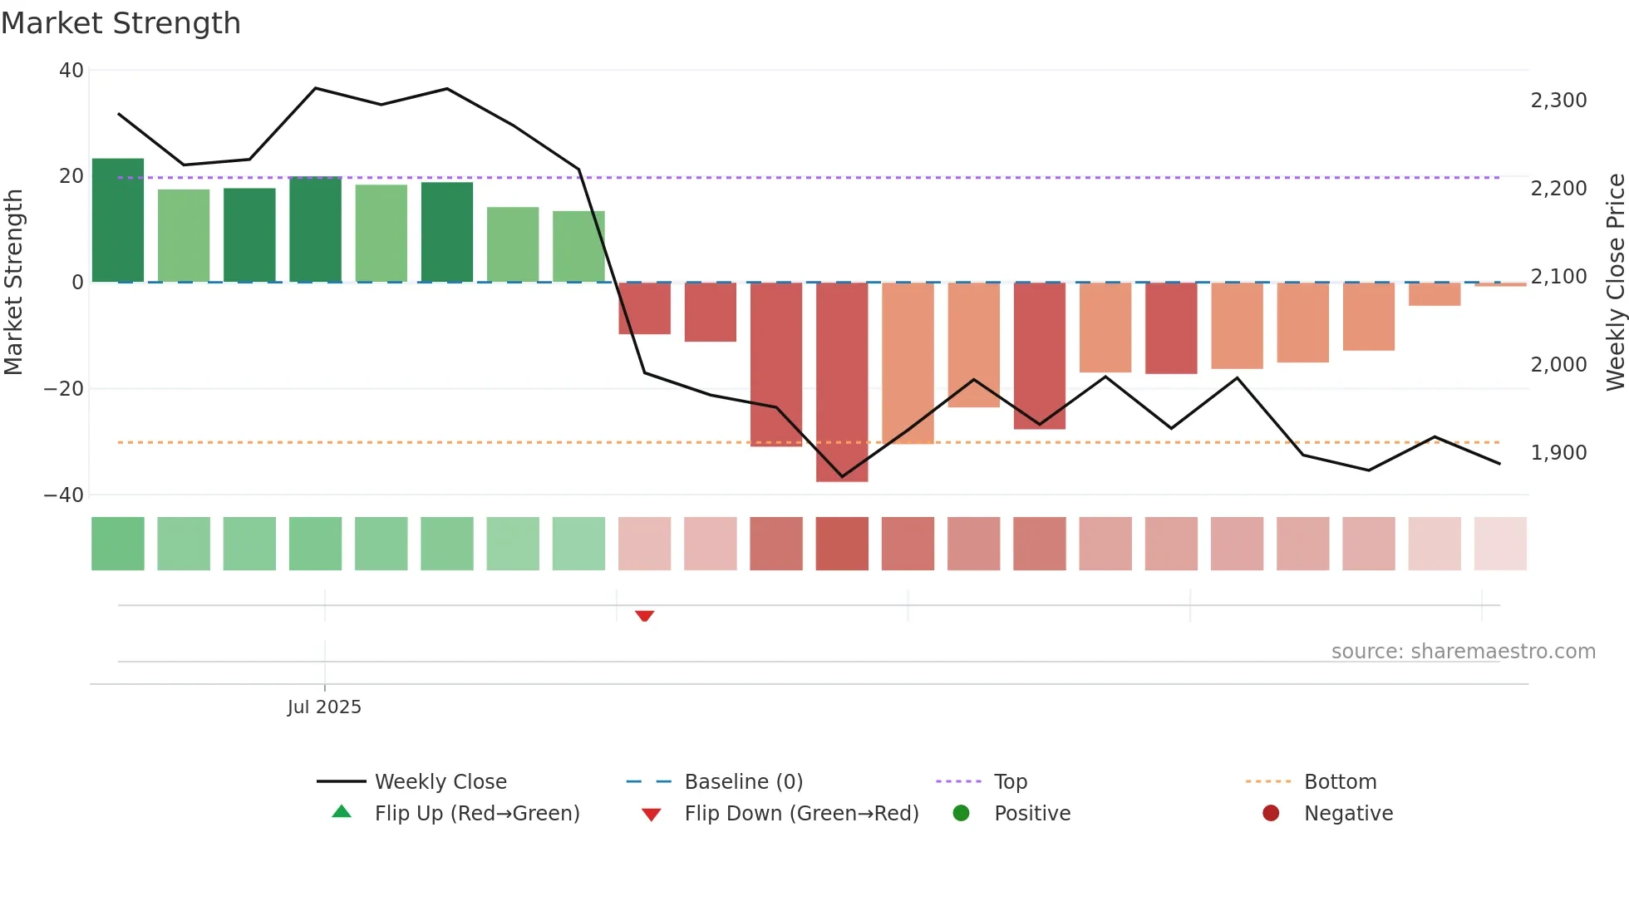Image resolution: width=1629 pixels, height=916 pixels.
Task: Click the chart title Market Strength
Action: (x=121, y=23)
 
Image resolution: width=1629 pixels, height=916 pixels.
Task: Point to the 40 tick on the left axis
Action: (x=71, y=71)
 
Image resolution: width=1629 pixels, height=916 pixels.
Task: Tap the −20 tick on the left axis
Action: (x=64, y=389)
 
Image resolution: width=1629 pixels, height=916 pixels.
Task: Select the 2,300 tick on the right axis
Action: (x=1558, y=101)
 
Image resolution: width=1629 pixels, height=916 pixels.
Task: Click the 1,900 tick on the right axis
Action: (x=1558, y=453)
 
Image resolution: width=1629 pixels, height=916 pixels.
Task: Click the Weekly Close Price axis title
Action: (x=1615, y=282)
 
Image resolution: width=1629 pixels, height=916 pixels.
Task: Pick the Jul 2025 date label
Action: (x=324, y=707)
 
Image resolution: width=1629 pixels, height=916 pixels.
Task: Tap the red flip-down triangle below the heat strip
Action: (x=644, y=615)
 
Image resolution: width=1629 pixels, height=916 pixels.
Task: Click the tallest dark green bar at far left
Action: (x=118, y=220)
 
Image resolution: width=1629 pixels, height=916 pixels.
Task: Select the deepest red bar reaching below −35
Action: (x=842, y=382)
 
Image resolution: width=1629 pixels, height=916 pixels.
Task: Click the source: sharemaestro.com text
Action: (x=1463, y=652)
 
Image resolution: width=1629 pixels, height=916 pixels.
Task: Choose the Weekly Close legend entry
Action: (x=440, y=782)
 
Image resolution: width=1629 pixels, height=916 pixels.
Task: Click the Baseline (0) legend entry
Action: (x=743, y=782)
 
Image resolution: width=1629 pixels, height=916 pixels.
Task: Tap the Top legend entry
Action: (x=1010, y=782)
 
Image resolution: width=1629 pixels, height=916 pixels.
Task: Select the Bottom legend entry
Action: (x=1340, y=782)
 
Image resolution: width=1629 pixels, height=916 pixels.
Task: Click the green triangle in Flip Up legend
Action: (x=342, y=812)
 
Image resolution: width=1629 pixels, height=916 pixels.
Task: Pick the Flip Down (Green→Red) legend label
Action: (x=801, y=814)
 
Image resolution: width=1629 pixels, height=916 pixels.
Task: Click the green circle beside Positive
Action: (x=961, y=814)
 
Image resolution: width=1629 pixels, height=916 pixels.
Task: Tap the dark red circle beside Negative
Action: (x=1270, y=814)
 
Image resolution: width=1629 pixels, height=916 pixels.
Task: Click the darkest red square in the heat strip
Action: (x=842, y=544)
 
